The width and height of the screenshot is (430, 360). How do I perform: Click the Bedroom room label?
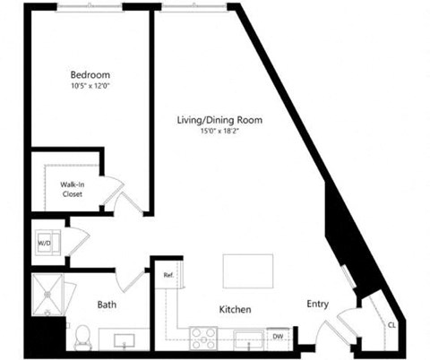(91, 74)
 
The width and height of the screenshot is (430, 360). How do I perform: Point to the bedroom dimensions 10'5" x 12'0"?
(91, 86)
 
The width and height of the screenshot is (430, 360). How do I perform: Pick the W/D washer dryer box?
(44, 244)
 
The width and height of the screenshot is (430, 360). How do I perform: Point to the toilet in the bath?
(82, 337)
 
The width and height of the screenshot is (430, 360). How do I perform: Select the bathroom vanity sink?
(123, 339)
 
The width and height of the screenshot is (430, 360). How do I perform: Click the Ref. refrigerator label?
(168, 276)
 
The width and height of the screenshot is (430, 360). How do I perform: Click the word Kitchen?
(235, 310)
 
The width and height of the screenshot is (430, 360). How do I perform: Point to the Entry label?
(318, 304)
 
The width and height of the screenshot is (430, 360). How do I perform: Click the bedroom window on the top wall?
(90, 7)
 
